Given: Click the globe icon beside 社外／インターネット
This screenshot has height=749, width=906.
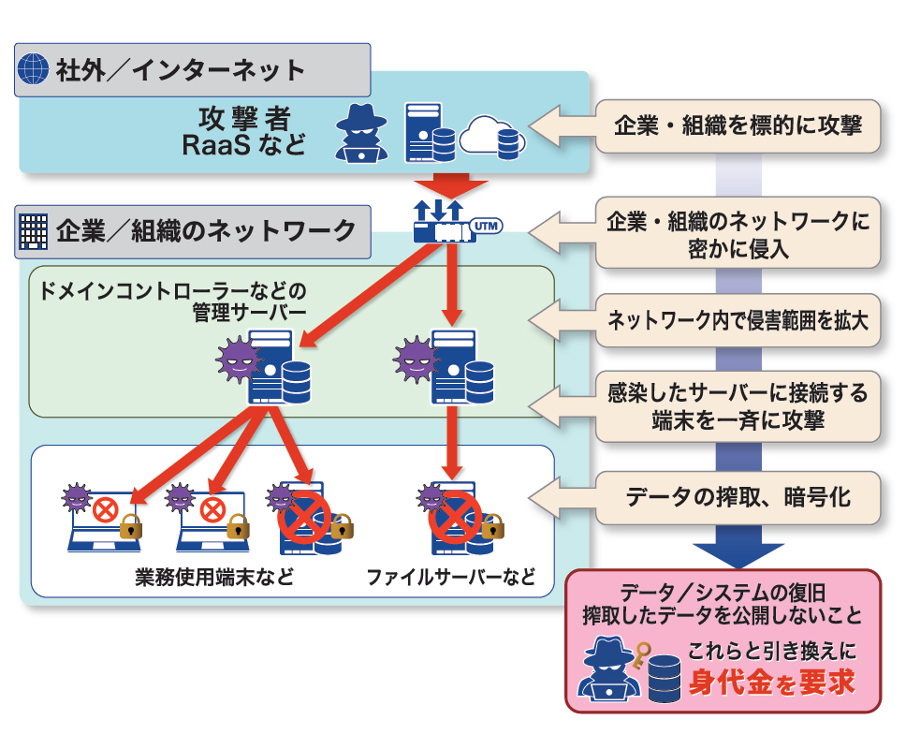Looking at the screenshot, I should (x=34, y=69).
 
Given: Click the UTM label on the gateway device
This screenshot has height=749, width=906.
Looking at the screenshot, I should (x=483, y=226).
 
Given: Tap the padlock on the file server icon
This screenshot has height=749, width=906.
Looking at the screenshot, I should (x=490, y=526).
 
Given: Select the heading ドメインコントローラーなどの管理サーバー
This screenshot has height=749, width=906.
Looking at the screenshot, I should (x=173, y=300).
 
